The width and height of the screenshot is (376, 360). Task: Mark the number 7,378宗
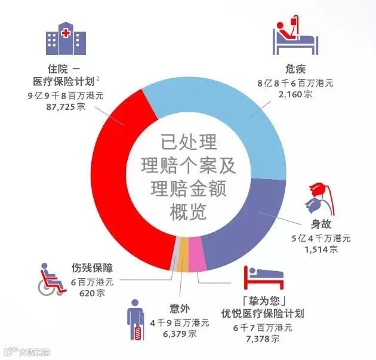(263, 339)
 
